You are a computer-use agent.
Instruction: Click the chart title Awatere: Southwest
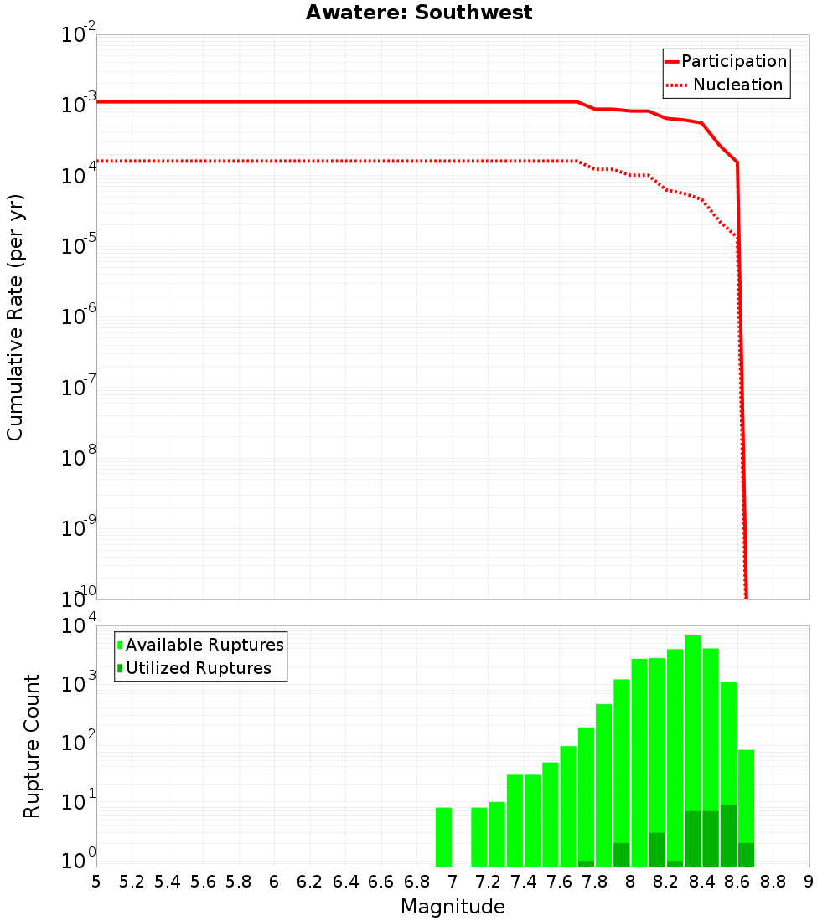point(418,13)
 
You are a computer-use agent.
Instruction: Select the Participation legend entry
point(725,61)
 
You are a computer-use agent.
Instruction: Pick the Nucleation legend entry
point(725,85)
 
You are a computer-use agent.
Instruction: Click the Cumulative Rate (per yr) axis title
point(15,317)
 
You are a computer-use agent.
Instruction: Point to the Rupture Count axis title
point(32,746)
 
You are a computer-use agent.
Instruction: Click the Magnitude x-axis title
point(453,906)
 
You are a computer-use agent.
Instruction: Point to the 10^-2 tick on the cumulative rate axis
point(77,36)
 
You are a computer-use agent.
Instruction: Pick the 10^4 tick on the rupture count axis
point(77,627)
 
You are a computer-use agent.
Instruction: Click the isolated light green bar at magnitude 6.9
point(443,837)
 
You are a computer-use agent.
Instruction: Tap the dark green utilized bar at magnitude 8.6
point(728,836)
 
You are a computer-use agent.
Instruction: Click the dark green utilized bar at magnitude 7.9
point(621,855)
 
